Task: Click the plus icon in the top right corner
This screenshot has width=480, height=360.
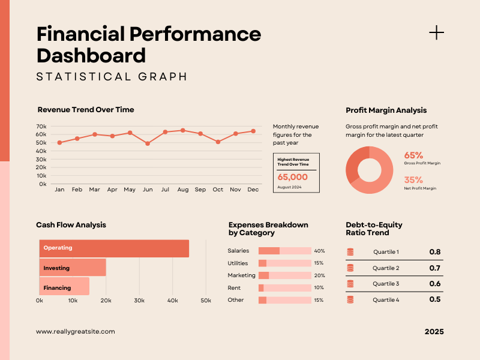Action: (x=437, y=32)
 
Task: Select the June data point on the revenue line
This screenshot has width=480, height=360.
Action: (x=148, y=143)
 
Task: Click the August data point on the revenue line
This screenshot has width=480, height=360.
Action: (x=183, y=130)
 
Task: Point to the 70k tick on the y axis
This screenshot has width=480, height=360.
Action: (x=41, y=127)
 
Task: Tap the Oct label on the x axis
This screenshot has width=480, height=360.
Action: (x=218, y=190)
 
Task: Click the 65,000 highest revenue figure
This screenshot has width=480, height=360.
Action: (x=293, y=177)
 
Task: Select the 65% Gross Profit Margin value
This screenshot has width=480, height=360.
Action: (x=413, y=155)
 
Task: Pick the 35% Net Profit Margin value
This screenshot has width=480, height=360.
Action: (x=413, y=179)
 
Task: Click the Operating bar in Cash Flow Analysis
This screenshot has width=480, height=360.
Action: (x=114, y=248)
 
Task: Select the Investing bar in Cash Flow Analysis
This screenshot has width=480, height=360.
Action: (x=73, y=268)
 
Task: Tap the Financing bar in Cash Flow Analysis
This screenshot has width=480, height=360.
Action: (x=64, y=287)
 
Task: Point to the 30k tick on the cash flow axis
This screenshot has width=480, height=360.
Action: (x=139, y=300)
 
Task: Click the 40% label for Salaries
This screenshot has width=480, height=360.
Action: (x=319, y=251)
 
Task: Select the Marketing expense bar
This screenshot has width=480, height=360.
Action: (x=284, y=275)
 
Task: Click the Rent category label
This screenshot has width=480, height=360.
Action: (x=233, y=287)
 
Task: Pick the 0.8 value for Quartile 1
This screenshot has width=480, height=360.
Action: (x=435, y=252)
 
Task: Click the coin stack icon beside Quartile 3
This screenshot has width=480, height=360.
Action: (x=350, y=284)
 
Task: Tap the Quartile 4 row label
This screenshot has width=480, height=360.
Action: (x=386, y=299)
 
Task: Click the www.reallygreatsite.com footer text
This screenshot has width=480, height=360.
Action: (x=75, y=331)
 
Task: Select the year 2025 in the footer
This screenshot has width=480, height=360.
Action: (x=434, y=332)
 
